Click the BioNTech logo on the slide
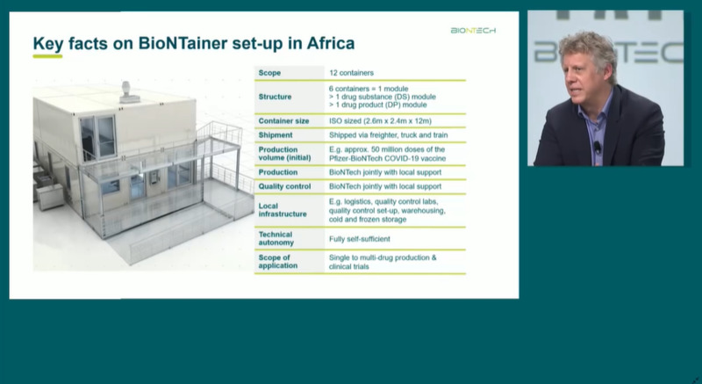[x=473, y=31]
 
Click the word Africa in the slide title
[x=331, y=43]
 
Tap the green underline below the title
[x=47, y=56]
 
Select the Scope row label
[x=269, y=73]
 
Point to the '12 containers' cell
[x=351, y=73]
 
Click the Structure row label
[x=275, y=97]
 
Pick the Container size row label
[x=283, y=121]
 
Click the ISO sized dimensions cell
[x=380, y=121]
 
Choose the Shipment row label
[x=276, y=134]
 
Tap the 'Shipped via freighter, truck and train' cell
[x=388, y=134]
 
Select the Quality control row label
[x=284, y=186]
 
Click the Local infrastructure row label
[x=283, y=210]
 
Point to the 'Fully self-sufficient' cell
[x=359, y=239]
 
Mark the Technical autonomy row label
[x=276, y=238]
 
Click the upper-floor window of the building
[x=98, y=137]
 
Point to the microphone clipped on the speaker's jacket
[x=598, y=147]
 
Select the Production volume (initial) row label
[x=284, y=154]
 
